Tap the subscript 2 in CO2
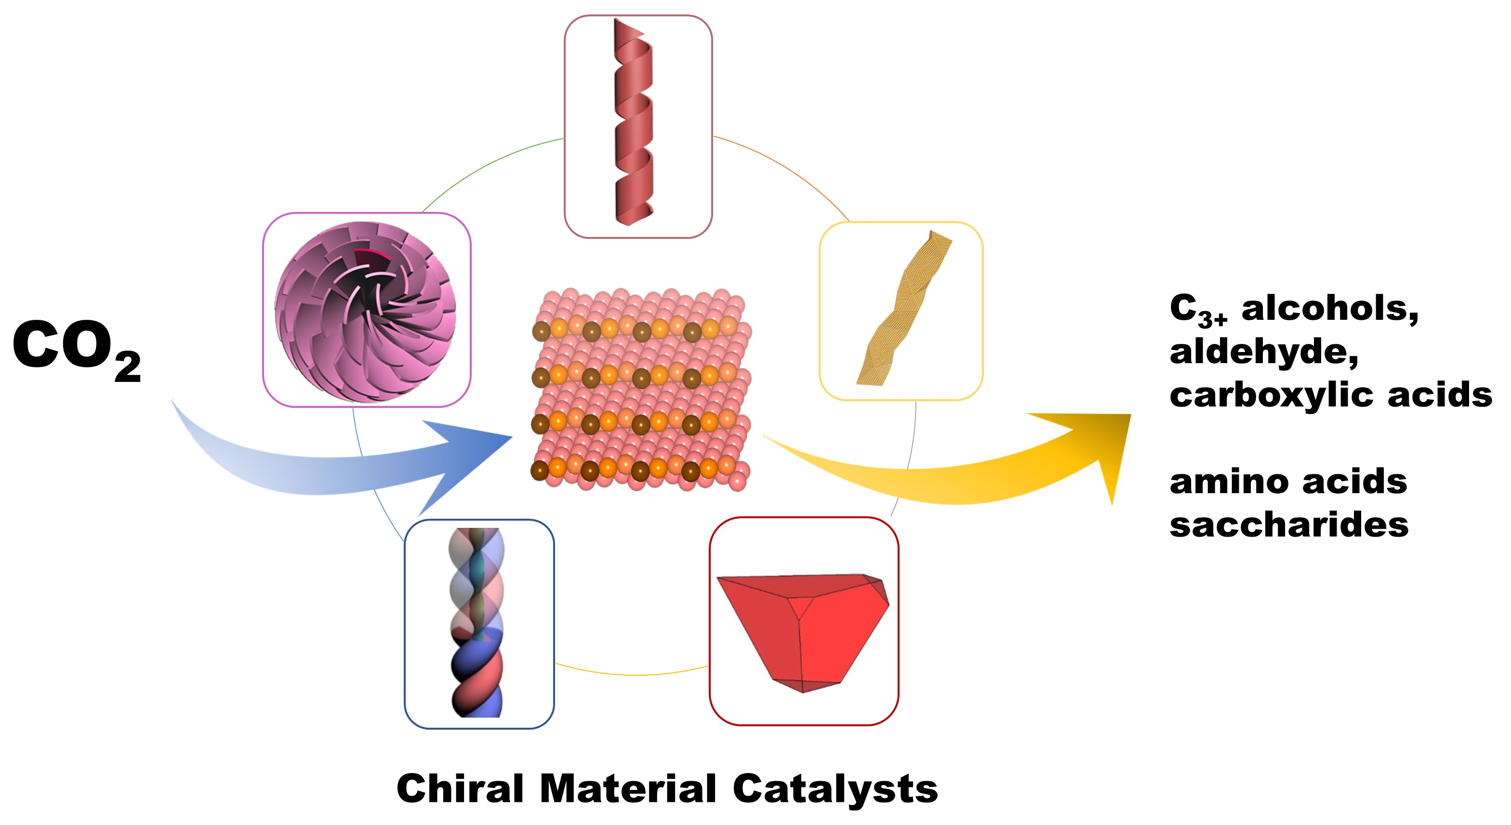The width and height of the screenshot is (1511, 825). coord(128,367)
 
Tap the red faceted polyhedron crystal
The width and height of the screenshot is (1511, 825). coord(804,628)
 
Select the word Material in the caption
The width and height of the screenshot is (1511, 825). coord(628,789)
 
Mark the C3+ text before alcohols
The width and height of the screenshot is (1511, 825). coord(1196,310)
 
